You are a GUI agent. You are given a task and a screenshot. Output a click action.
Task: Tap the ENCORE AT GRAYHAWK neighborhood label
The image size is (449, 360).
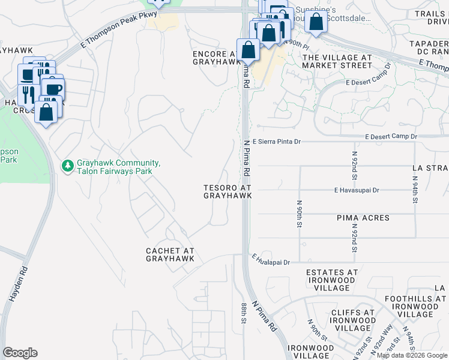tap(213, 58)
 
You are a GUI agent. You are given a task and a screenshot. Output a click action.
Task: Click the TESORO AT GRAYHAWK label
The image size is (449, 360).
tap(227, 191)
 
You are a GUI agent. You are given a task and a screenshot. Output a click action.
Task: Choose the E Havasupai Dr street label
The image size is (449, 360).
tap(357, 190)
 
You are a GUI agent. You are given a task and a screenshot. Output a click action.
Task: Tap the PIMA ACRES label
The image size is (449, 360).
tap(363, 218)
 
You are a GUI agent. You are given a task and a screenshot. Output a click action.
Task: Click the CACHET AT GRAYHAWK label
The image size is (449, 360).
tap(170, 254)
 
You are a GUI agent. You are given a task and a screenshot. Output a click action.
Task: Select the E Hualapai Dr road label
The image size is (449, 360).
tap(271, 261)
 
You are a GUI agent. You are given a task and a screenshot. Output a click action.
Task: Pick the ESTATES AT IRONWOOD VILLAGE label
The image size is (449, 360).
tap(332, 277)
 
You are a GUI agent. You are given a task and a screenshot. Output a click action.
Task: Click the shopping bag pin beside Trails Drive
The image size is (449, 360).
tap(316, 22)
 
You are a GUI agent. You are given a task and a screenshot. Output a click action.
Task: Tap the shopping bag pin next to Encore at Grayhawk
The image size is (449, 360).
tap(248, 50)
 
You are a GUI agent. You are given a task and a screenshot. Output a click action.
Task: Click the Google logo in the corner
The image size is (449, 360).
tap(20, 353)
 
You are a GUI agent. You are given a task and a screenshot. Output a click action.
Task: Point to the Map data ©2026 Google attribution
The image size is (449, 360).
tap(411, 355)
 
